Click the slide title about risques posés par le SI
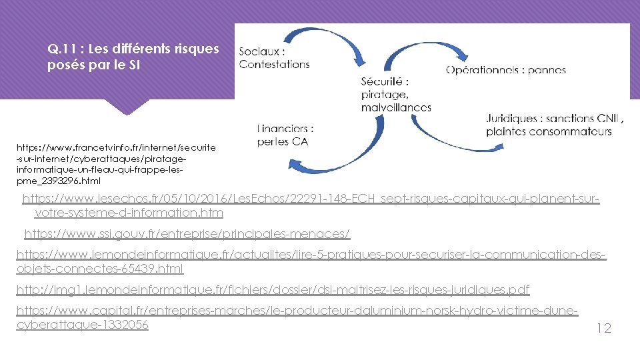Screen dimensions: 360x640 click(133, 58)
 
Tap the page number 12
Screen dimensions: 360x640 click(603, 328)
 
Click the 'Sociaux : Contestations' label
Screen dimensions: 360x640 click(274, 58)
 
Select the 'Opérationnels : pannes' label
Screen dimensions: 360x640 click(506, 70)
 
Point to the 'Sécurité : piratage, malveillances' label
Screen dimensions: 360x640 click(396, 94)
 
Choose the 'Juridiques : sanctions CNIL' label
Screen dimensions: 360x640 click(555, 119)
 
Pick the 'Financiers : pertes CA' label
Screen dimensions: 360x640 click(285, 135)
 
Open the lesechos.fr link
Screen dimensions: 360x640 click(311, 206)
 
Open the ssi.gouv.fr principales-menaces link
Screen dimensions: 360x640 click(187, 234)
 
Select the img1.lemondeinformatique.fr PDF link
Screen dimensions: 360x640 click(273, 290)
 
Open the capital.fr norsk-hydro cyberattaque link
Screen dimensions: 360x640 click(297, 318)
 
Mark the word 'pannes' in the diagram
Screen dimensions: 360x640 click(547, 70)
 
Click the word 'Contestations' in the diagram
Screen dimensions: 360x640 click(274, 65)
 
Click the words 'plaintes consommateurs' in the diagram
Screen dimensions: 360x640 click(549, 132)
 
